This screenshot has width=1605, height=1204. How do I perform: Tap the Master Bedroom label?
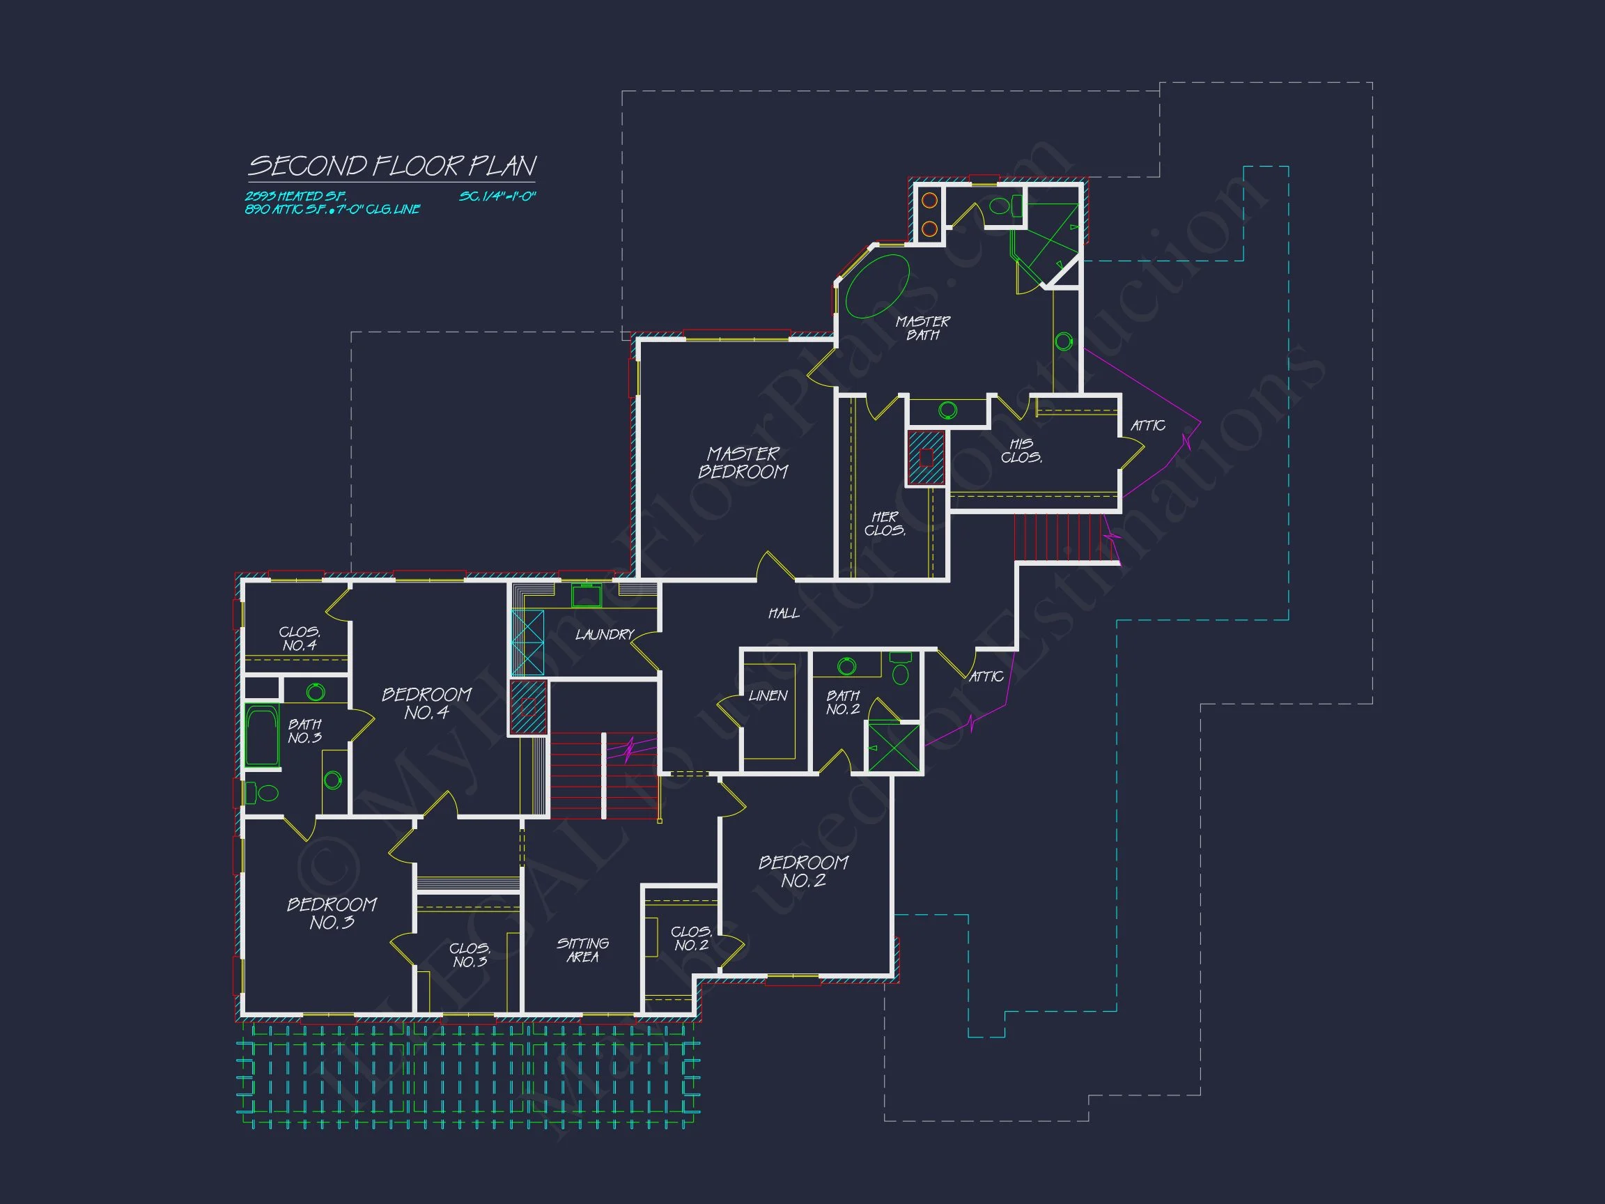743,463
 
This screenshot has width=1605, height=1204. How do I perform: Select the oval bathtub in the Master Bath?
877,286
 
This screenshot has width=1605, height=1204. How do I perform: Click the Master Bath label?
922,328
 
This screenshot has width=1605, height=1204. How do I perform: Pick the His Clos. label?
1022,451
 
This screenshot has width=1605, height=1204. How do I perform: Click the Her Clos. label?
885,523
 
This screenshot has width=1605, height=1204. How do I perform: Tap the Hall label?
784,614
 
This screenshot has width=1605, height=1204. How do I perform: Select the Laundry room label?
605,635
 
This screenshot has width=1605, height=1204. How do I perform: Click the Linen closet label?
768,696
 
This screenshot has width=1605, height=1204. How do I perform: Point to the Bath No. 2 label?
842,702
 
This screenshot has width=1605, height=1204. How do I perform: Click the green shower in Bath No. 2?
893,748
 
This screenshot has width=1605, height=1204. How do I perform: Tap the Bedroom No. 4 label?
426,703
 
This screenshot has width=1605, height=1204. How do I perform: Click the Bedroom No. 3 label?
332,913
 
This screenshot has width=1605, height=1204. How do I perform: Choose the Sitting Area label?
582,950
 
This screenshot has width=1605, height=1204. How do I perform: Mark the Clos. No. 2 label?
691,939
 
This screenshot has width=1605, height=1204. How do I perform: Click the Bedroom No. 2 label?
803,872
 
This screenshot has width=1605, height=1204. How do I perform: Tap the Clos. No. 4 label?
299,639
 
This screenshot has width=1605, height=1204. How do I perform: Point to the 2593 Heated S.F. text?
295,196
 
